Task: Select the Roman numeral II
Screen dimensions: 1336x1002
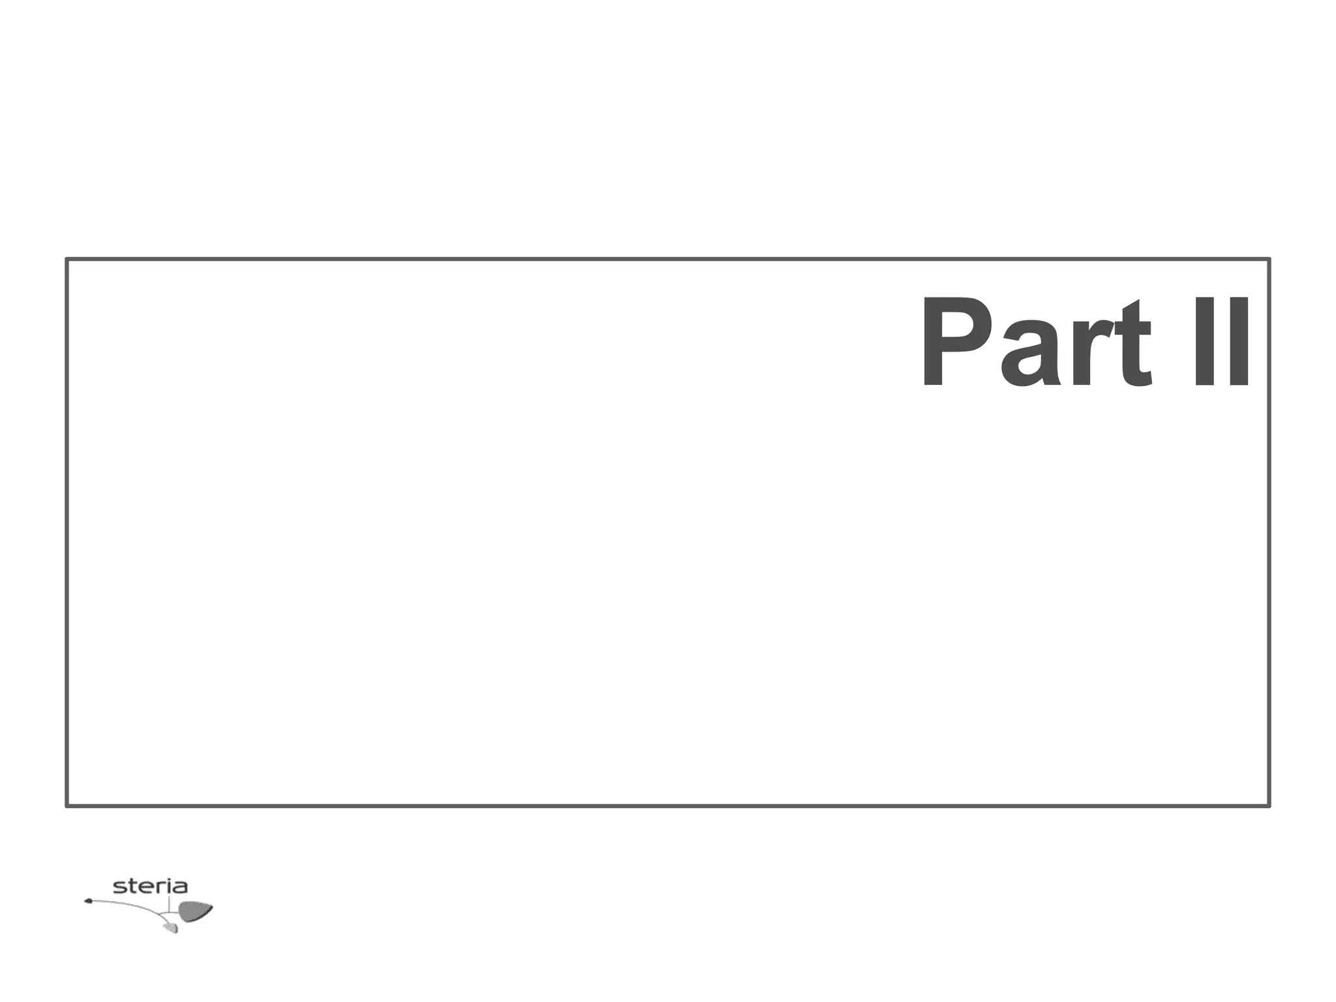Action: [1221, 342]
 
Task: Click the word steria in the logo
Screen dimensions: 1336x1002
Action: [150, 887]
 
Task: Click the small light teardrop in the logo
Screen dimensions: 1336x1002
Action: [171, 927]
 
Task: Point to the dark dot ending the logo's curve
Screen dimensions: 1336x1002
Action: [88, 902]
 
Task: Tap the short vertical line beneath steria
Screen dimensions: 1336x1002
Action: [169, 903]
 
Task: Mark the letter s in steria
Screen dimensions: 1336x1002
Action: [119, 887]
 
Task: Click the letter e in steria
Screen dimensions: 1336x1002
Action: [142, 887]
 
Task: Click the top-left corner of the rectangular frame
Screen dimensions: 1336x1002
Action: [67, 260]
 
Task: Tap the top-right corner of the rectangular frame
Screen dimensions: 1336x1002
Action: [1269, 260]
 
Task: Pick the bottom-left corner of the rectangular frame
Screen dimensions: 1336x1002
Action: [67, 806]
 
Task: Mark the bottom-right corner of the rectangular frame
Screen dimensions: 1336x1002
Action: [1269, 806]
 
